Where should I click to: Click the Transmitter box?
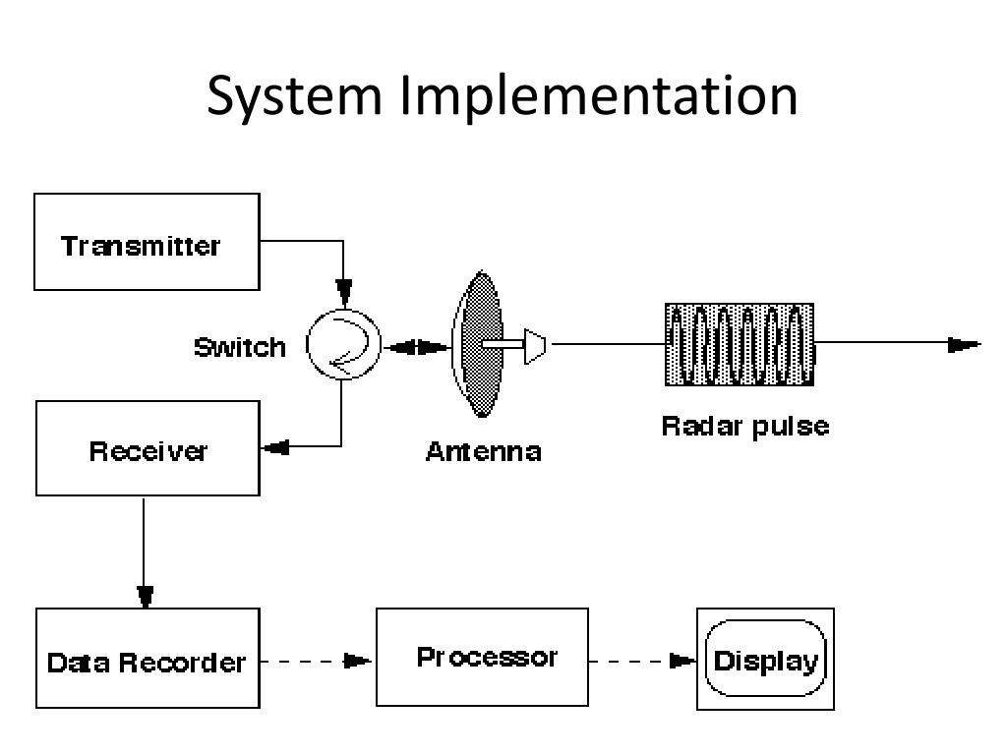click(x=147, y=242)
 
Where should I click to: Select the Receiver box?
click(x=148, y=448)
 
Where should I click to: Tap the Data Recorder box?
click(x=148, y=658)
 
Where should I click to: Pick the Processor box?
click(x=482, y=657)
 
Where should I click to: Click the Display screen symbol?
click(x=765, y=659)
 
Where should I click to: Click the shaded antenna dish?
click(x=479, y=344)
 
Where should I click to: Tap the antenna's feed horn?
click(x=535, y=346)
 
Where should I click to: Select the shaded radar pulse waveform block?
click(x=740, y=345)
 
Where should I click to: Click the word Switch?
click(x=240, y=347)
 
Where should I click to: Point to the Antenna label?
click(x=484, y=452)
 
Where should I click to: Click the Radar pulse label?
click(x=745, y=427)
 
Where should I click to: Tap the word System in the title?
click(x=294, y=95)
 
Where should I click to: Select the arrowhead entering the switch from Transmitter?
click(x=344, y=293)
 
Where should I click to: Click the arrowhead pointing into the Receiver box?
click(x=276, y=447)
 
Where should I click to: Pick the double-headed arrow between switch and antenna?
click(x=417, y=348)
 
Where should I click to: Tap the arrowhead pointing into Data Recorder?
click(x=146, y=597)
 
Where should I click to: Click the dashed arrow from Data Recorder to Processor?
click(x=316, y=661)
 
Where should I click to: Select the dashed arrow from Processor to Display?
click(x=642, y=661)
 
